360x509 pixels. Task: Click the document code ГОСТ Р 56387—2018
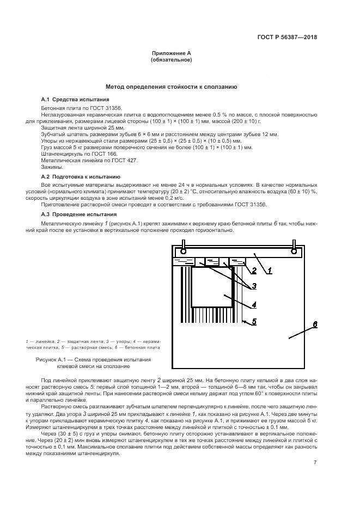pyautogui.click(x=286, y=38)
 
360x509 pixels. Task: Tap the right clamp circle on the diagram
pyautogui.click(x=295, y=251)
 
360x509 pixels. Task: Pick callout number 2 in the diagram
pyautogui.click(x=253, y=271)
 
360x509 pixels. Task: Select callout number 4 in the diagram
pyautogui.click(x=254, y=304)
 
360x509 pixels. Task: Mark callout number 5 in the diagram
pyautogui.click(x=253, y=322)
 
